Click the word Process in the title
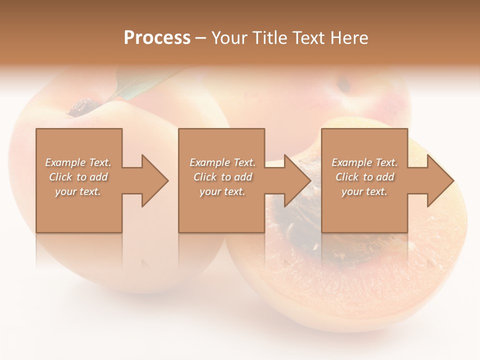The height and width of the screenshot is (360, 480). click(x=157, y=38)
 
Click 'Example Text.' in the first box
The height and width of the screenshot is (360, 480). click(x=78, y=162)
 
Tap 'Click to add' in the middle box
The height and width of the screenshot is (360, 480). click(x=222, y=177)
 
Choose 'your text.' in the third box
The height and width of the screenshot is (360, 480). click(x=364, y=191)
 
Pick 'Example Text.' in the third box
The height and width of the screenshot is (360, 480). click(x=364, y=162)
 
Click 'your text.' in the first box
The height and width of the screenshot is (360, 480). click(x=78, y=191)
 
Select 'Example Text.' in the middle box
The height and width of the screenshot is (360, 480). click(x=222, y=162)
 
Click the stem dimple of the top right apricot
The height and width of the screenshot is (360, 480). click(x=344, y=85)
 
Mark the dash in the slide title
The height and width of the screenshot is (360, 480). click(x=201, y=38)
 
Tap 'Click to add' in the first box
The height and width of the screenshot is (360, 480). click(x=78, y=177)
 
